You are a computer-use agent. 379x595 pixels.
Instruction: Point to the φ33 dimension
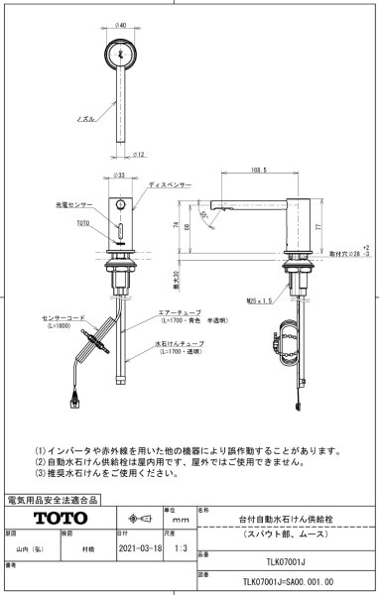point(120,176)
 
